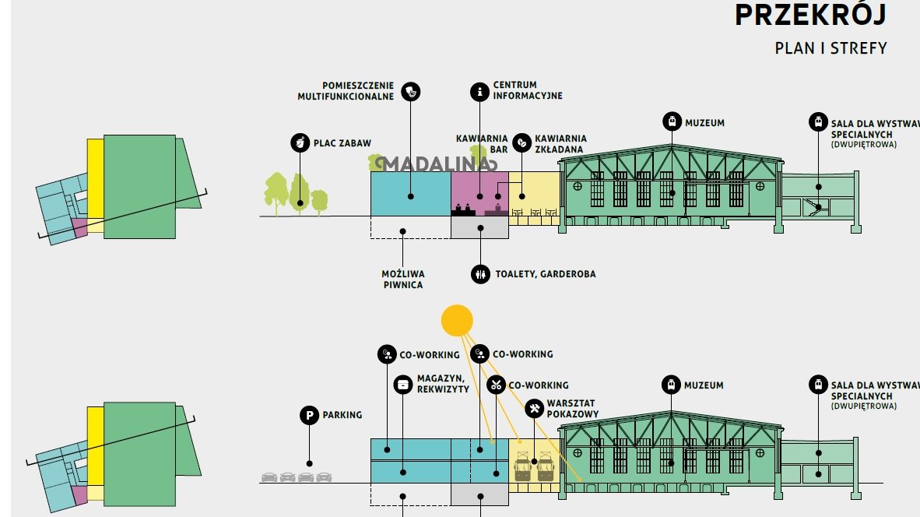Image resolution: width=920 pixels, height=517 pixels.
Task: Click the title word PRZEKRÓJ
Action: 810,16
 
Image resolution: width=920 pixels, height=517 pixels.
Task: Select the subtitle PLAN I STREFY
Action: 830,48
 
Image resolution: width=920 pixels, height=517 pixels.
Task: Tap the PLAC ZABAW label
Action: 342,143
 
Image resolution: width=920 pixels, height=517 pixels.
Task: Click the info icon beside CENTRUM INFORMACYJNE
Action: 479,92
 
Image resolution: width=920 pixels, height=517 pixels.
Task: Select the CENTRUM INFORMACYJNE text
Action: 527,90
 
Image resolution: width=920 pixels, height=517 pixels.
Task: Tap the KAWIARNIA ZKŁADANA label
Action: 560,144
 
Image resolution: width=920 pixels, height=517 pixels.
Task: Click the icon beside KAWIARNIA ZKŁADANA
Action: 521,142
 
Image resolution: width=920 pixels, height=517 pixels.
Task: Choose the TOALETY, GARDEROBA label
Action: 545,274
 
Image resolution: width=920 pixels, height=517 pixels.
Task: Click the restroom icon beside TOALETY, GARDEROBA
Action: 480,274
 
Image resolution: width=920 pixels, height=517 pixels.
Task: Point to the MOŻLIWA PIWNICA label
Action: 402,280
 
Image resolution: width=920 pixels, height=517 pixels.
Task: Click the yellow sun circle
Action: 457,320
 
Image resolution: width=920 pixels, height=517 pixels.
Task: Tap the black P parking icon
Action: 309,415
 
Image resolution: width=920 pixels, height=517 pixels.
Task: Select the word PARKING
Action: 342,415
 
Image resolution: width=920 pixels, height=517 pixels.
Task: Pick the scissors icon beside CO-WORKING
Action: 496,385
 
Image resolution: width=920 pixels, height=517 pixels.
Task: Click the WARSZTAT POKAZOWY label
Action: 572,409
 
